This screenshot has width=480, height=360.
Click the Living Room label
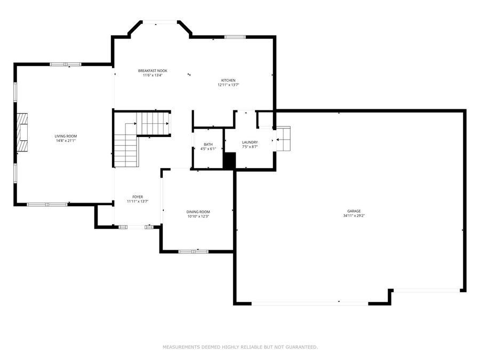[66, 136]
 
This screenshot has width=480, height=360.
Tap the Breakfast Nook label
[153, 71]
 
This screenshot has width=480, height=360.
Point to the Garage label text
[354, 211]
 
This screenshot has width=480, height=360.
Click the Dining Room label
[198, 212]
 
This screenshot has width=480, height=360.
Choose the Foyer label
[138, 197]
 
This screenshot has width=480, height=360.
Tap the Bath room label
[208, 145]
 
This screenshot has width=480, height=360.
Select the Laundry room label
[250, 142]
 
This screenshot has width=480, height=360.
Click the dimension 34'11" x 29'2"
[354, 216]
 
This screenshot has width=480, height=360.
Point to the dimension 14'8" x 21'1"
[66, 141]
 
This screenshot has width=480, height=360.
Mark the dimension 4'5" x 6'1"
[208, 149]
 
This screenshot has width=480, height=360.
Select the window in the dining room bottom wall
[193, 251]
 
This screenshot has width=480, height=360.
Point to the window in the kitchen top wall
[235, 37]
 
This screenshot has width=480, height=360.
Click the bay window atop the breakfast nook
[160, 22]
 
